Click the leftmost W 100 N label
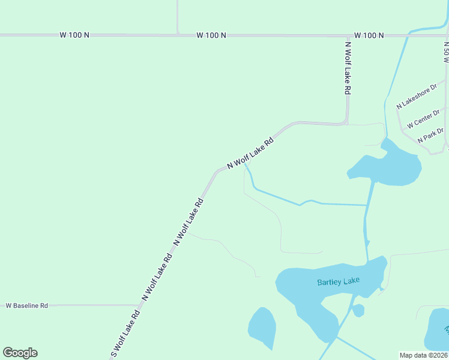tap(74, 35)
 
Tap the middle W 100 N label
tap(211, 35)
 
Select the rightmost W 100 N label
tap(369, 35)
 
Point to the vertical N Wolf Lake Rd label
tap(347, 67)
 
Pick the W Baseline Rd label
tap(26, 305)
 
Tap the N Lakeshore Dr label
tap(416, 96)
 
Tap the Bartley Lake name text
tap(337, 281)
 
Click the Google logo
tap(20, 353)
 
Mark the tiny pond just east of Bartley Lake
tap(358, 310)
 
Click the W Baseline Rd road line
tap(90, 305)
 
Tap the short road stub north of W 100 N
tap(178, 17)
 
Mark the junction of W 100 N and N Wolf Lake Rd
tap(347, 35)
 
